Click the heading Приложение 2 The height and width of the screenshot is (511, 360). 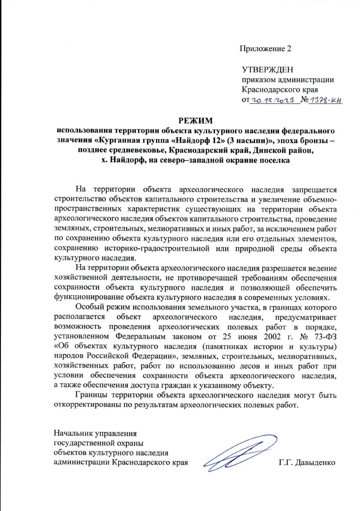(265, 49)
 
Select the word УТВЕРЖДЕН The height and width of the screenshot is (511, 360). (268, 70)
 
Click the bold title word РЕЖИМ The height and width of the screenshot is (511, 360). (196, 121)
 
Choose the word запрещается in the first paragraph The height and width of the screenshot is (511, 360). (314, 190)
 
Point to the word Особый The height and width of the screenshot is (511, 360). (87, 307)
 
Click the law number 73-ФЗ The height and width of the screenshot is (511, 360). (325, 337)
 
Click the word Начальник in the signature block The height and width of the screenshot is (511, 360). (73, 434)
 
